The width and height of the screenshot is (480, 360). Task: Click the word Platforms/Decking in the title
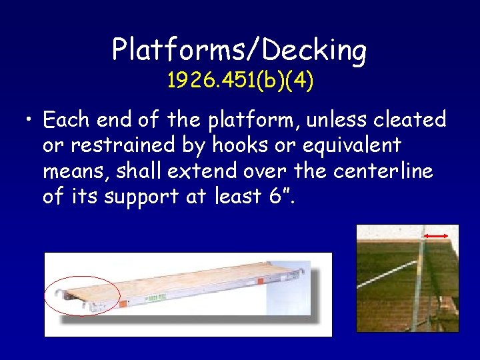[x=239, y=50]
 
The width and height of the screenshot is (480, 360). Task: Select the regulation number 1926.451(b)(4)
[x=240, y=81]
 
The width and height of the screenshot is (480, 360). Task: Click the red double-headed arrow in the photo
[x=437, y=236]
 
